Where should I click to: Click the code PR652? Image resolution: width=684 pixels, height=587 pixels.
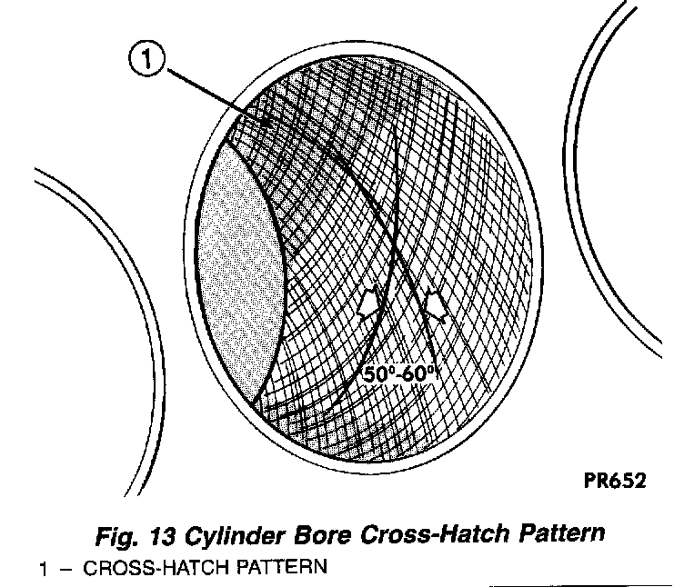pyautogui.click(x=615, y=482)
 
